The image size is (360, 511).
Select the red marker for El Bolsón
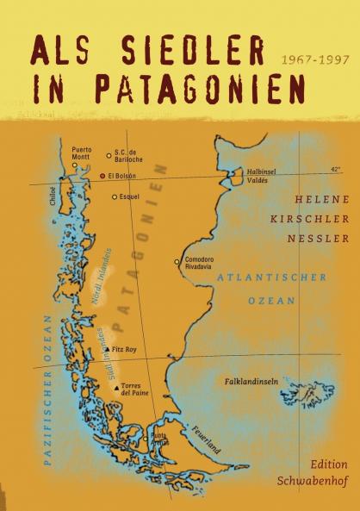[x=102, y=176]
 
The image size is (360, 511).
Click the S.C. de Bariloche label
[x=131, y=154]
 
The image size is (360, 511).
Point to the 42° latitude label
[x=335, y=169]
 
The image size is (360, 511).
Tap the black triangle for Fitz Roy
[x=106, y=350]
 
